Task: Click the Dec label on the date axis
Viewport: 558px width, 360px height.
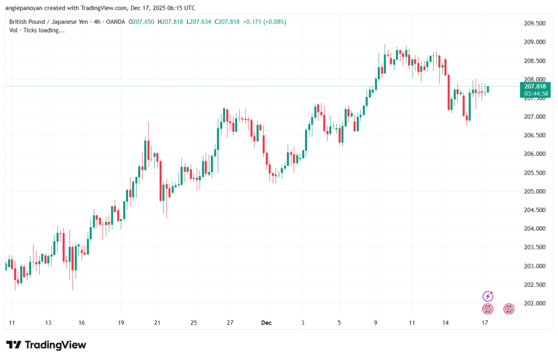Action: pyautogui.click(x=266, y=323)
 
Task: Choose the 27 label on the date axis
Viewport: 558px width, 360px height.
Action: pyautogui.click(x=230, y=323)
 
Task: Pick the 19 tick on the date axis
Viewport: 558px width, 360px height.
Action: pyautogui.click(x=121, y=323)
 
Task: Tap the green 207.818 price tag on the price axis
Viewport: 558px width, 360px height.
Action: pyautogui.click(x=535, y=86)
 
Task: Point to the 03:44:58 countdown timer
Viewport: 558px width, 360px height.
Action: pyautogui.click(x=535, y=93)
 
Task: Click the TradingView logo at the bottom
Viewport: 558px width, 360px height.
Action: pyautogui.click(x=46, y=345)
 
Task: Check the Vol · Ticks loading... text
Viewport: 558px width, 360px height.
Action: pyautogui.click(x=37, y=30)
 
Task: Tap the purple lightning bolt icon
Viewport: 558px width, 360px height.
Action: pyautogui.click(x=488, y=296)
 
